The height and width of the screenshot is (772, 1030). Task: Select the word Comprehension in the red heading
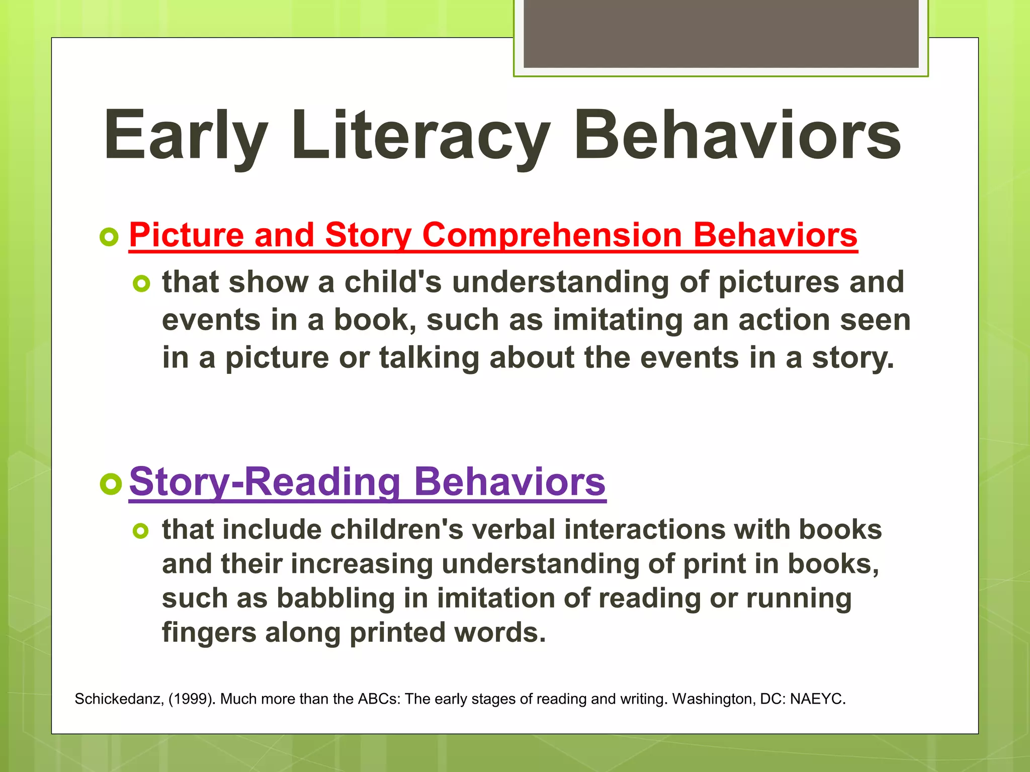click(552, 236)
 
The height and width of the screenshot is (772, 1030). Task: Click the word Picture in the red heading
click(186, 236)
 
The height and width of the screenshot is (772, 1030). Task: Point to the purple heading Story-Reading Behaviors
click(367, 482)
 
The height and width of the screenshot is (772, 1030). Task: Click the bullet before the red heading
click(109, 237)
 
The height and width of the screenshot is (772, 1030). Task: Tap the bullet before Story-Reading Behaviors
click(111, 484)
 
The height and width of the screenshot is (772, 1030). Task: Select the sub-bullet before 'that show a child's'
click(141, 284)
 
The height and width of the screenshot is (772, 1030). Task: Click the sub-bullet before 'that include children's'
click(141, 531)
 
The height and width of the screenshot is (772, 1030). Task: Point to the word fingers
click(209, 633)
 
